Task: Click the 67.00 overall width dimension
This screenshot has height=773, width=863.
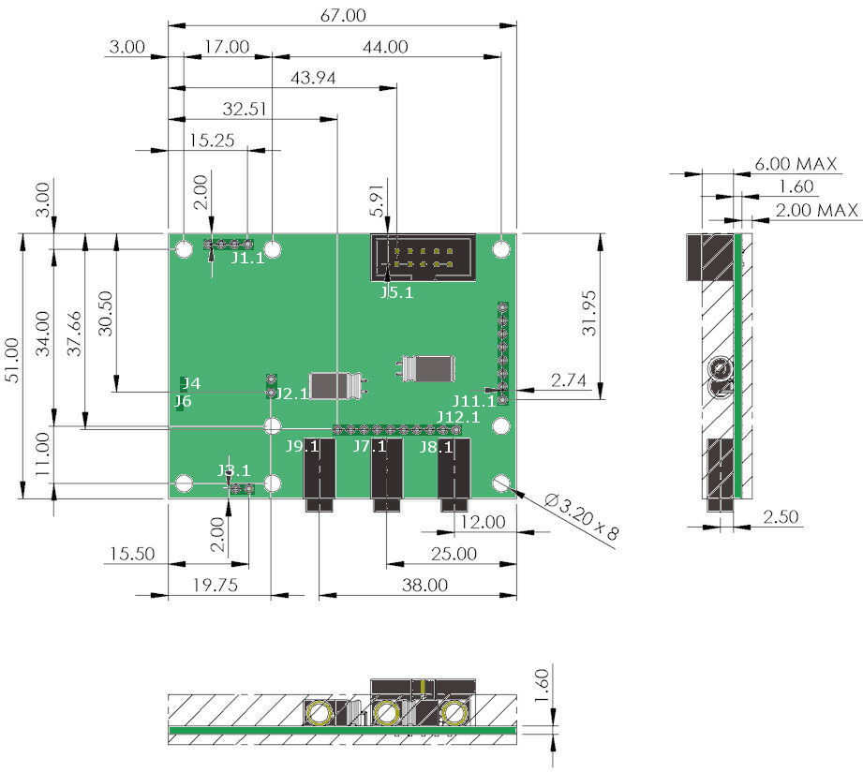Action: [x=343, y=15]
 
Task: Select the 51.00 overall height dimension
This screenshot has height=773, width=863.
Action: [x=12, y=361]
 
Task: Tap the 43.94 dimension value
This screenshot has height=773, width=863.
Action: [x=313, y=78]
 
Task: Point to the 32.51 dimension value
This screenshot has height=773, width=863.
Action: [x=245, y=109]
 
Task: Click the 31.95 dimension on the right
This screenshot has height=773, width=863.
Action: [x=588, y=313]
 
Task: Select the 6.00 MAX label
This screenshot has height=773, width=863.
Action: [x=796, y=163]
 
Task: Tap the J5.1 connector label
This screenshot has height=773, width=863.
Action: [x=396, y=292]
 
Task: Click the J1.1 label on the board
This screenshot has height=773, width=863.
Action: [x=247, y=258]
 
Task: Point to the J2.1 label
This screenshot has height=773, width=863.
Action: [x=291, y=394]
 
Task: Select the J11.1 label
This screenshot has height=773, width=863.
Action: [x=474, y=400]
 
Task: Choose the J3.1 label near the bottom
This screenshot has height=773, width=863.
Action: [x=234, y=470]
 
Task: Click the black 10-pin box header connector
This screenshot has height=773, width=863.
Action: [x=424, y=258]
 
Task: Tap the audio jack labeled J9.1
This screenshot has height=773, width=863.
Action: [x=320, y=474]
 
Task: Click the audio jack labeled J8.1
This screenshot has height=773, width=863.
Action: [x=454, y=474]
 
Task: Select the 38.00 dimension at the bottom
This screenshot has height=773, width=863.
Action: [x=424, y=585]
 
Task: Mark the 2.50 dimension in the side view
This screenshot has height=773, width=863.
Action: [x=781, y=516]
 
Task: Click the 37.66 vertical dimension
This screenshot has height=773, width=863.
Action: [x=74, y=334]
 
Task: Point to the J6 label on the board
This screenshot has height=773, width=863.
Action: [x=183, y=401]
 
